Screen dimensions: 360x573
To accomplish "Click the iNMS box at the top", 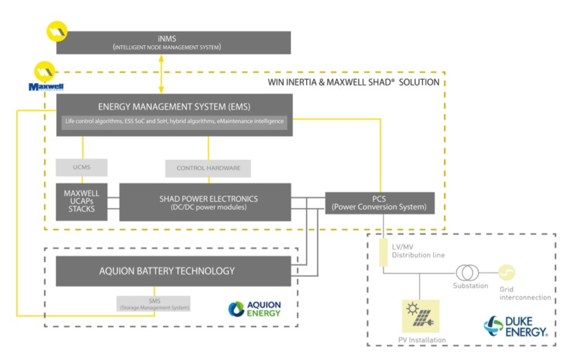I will pyautogui.click(x=173, y=43).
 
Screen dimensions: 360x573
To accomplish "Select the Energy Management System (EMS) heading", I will pyautogui.click(x=174, y=106).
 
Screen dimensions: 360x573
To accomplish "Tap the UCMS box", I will pyautogui.click(x=82, y=168).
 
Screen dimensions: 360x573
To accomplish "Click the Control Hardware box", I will pyautogui.click(x=208, y=168).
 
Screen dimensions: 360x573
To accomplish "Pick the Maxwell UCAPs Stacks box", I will pyautogui.click(x=82, y=201).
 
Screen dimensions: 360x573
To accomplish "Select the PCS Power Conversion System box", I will pyautogui.click(x=380, y=203).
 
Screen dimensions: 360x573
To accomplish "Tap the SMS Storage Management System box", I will pyautogui.click(x=154, y=304).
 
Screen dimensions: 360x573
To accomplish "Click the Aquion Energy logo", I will pyautogui.click(x=255, y=309).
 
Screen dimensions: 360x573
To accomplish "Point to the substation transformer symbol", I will pyautogui.click(x=467, y=272).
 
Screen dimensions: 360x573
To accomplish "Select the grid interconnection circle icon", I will pyautogui.click(x=506, y=272).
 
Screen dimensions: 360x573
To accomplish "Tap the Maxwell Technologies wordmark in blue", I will pyautogui.click(x=46, y=87).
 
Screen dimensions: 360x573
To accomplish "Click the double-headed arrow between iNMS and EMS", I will pyautogui.click(x=161, y=74).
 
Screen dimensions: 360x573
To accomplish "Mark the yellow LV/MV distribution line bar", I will pyautogui.click(x=383, y=252).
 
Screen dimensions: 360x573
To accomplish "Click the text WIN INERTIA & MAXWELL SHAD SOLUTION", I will pyautogui.click(x=353, y=82).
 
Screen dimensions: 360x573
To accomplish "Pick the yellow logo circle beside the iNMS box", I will pyautogui.click(x=57, y=31).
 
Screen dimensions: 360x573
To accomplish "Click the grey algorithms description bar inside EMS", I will pyautogui.click(x=174, y=121).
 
